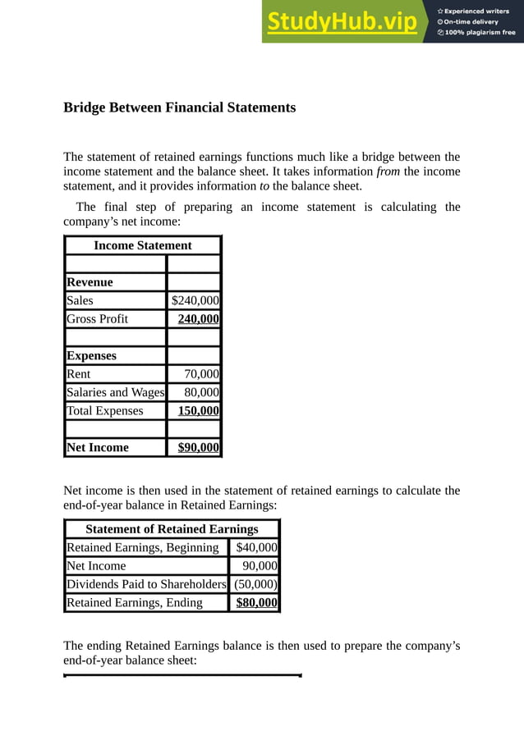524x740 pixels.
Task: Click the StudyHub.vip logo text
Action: (x=341, y=22)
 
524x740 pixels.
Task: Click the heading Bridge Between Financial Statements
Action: (x=179, y=107)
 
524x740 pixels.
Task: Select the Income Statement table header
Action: (x=143, y=245)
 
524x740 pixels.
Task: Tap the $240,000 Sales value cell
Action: (x=195, y=300)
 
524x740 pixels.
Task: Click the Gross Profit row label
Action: (x=97, y=318)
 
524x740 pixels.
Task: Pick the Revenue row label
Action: (x=90, y=282)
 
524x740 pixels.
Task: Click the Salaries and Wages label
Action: (x=115, y=392)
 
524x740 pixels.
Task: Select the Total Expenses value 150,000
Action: (x=199, y=410)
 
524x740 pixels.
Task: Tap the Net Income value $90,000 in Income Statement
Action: (x=199, y=447)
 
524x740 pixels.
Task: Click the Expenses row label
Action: (x=91, y=356)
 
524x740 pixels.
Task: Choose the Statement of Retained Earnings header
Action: (x=172, y=529)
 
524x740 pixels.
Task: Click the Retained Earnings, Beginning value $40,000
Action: (x=256, y=547)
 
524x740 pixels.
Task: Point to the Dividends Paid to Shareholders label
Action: (x=146, y=584)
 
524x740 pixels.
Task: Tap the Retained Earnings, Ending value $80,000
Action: (x=256, y=603)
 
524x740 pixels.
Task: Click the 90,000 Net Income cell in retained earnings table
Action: (x=260, y=566)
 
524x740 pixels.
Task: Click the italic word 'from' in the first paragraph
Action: (x=388, y=171)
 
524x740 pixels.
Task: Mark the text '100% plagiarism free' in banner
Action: (x=480, y=33)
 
